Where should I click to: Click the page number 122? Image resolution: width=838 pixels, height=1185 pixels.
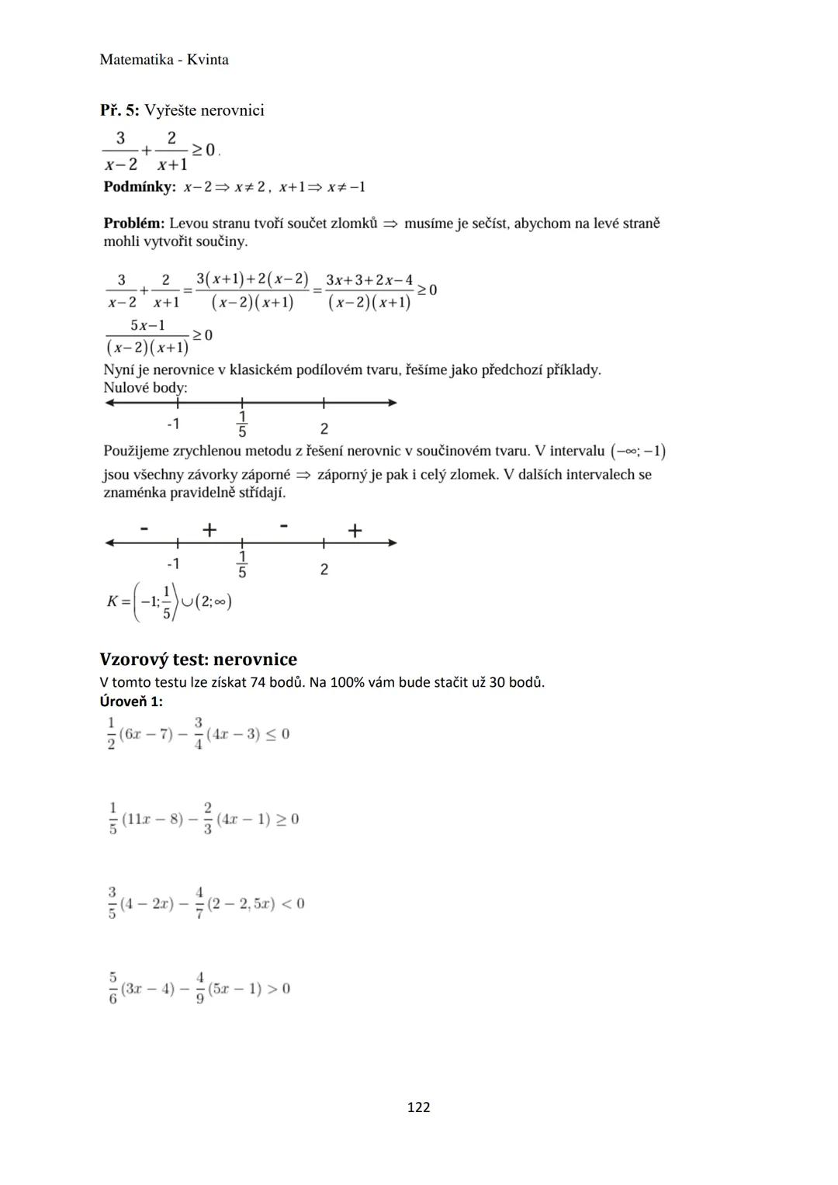(418, 1107)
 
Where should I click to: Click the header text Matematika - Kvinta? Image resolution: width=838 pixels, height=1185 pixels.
(164, 60)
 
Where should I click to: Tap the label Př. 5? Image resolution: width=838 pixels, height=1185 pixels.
(119, 110)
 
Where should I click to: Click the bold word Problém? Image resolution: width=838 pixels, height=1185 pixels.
(133, 223)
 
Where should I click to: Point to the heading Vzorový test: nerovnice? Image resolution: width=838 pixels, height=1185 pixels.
(198, 660)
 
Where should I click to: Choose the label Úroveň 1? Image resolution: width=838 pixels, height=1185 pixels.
(131, 702)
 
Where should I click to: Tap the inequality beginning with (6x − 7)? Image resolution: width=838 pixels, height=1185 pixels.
(199, 734)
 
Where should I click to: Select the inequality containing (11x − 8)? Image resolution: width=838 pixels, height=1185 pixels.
(203, 819)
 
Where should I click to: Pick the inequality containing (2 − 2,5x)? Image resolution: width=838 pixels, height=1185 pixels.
(206, 904)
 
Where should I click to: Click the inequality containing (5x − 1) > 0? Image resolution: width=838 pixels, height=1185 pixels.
(199, 989)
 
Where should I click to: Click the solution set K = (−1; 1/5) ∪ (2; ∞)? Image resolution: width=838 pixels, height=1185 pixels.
(169, 601)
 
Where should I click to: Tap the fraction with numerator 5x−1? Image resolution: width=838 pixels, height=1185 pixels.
(147, 336)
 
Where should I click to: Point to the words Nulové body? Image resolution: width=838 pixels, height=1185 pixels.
(145, 387)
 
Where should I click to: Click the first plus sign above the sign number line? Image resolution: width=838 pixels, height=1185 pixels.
(209, 529)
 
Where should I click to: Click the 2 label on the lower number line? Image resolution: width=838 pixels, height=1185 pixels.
(324, 570)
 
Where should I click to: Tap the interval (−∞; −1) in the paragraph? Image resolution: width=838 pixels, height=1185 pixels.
(638, 452)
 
